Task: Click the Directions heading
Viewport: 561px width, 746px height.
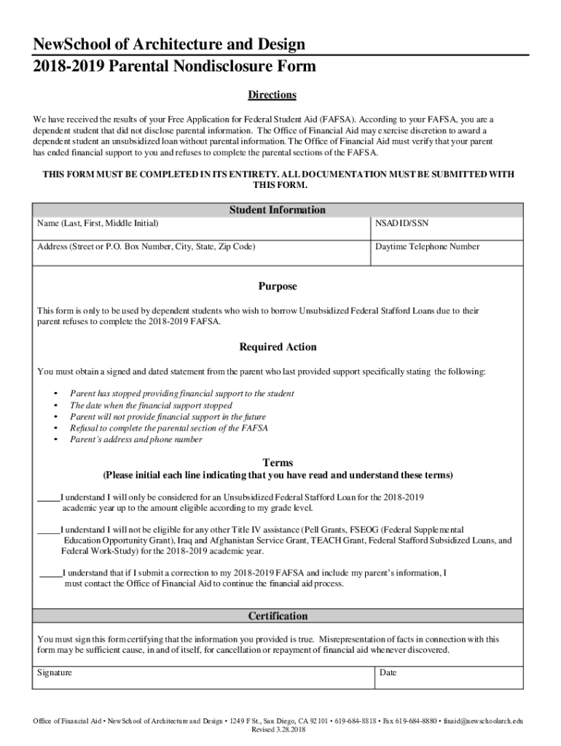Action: click(x=272, y=95)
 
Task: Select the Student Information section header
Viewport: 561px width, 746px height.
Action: click(x=277, y=210)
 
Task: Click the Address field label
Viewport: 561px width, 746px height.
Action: click(x=146, y=247)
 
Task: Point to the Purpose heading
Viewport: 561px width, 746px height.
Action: click(x=278, y=286)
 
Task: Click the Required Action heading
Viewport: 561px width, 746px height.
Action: click(x=278, y=347)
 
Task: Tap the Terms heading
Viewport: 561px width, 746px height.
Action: click(x=278, y=463)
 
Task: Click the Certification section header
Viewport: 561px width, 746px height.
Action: click(x=278, y=616)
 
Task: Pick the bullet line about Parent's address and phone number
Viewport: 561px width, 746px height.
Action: click(x=136, y=440)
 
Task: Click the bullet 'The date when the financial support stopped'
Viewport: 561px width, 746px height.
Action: click(x=151, y=405)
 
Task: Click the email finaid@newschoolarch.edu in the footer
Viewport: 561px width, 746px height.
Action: click(x=482, y=721)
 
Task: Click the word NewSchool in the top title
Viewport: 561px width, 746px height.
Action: click(x=61, y=45)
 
